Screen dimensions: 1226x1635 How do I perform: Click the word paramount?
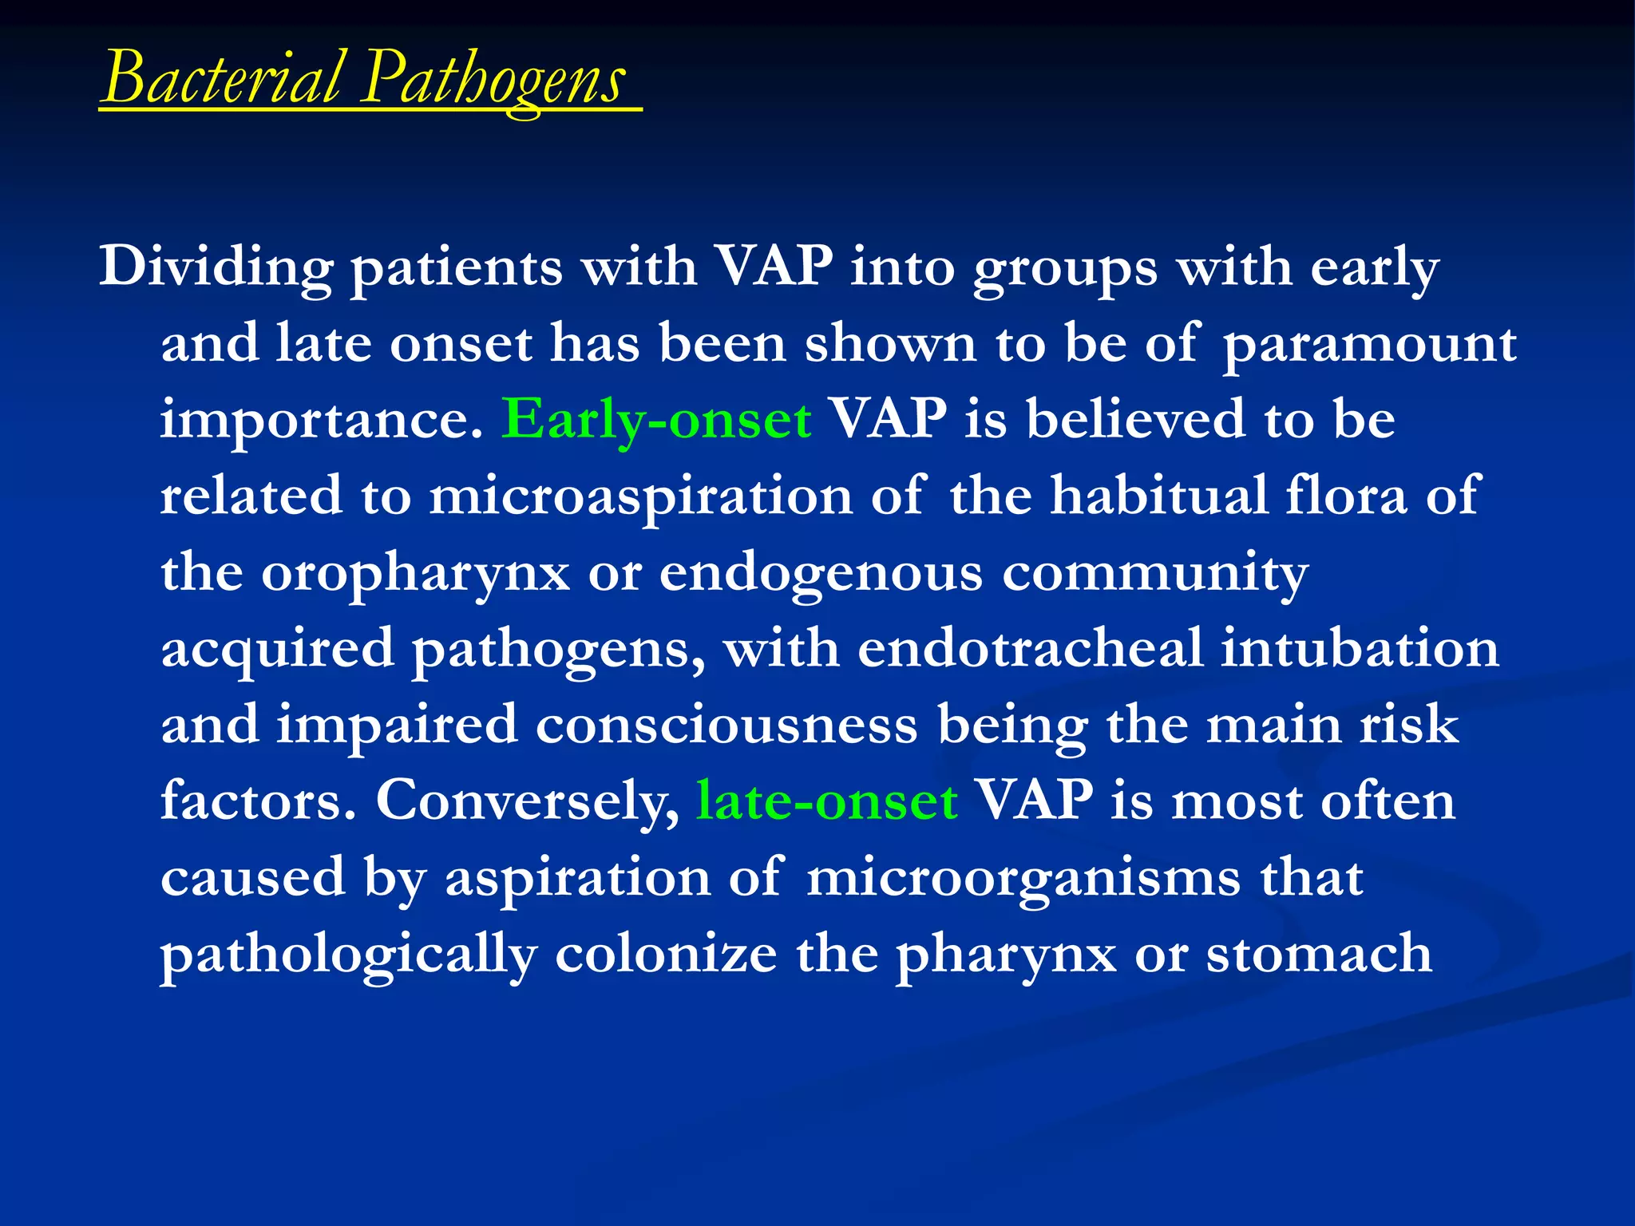pyautogui.click(x=1370, y=345)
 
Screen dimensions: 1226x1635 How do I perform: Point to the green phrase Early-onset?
pyautogui.click(x=656, y=420)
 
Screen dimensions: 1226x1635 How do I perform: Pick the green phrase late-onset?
pyautogui.click(x=827, y=801)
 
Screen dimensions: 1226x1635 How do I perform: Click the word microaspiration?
pyautogui.click(x=640, y=496)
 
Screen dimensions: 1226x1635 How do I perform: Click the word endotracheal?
pyautogui.click(x=1030, y=648)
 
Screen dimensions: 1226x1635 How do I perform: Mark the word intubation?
pyautogui.click(x=1360, y=648)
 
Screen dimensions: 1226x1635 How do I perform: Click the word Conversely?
pyautogui.click(x=527, y=801)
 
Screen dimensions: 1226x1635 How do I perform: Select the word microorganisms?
pyautogui.click(x=1023, y=878)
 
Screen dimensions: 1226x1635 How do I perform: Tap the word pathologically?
pyautogui.click(x=349, y=955)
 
